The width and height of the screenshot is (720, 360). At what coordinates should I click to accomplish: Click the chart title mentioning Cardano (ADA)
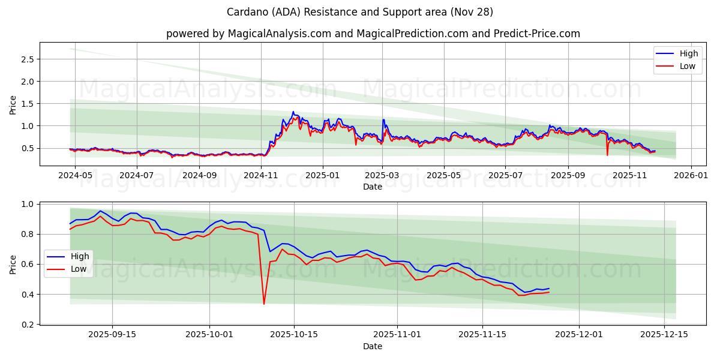pos(360,12)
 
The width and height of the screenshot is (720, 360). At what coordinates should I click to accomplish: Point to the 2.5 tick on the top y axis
pos(26,59)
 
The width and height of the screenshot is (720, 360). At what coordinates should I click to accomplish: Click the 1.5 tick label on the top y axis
pos(26,104)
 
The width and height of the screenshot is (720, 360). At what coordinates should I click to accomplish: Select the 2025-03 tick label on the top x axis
pos(383,176)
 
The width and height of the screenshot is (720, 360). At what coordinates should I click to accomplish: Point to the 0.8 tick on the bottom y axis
pos(26,234)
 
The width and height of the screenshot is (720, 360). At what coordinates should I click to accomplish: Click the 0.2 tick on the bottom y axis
pos(26,325)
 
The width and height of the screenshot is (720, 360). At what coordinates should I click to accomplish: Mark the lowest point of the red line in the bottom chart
pos(264,304)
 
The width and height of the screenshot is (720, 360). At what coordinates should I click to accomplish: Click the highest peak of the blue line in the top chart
pos(293,112)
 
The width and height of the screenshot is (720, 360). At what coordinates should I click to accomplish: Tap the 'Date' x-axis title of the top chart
pos(372,187)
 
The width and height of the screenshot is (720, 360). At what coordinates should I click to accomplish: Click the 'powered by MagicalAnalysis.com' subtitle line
pos(373,34)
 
